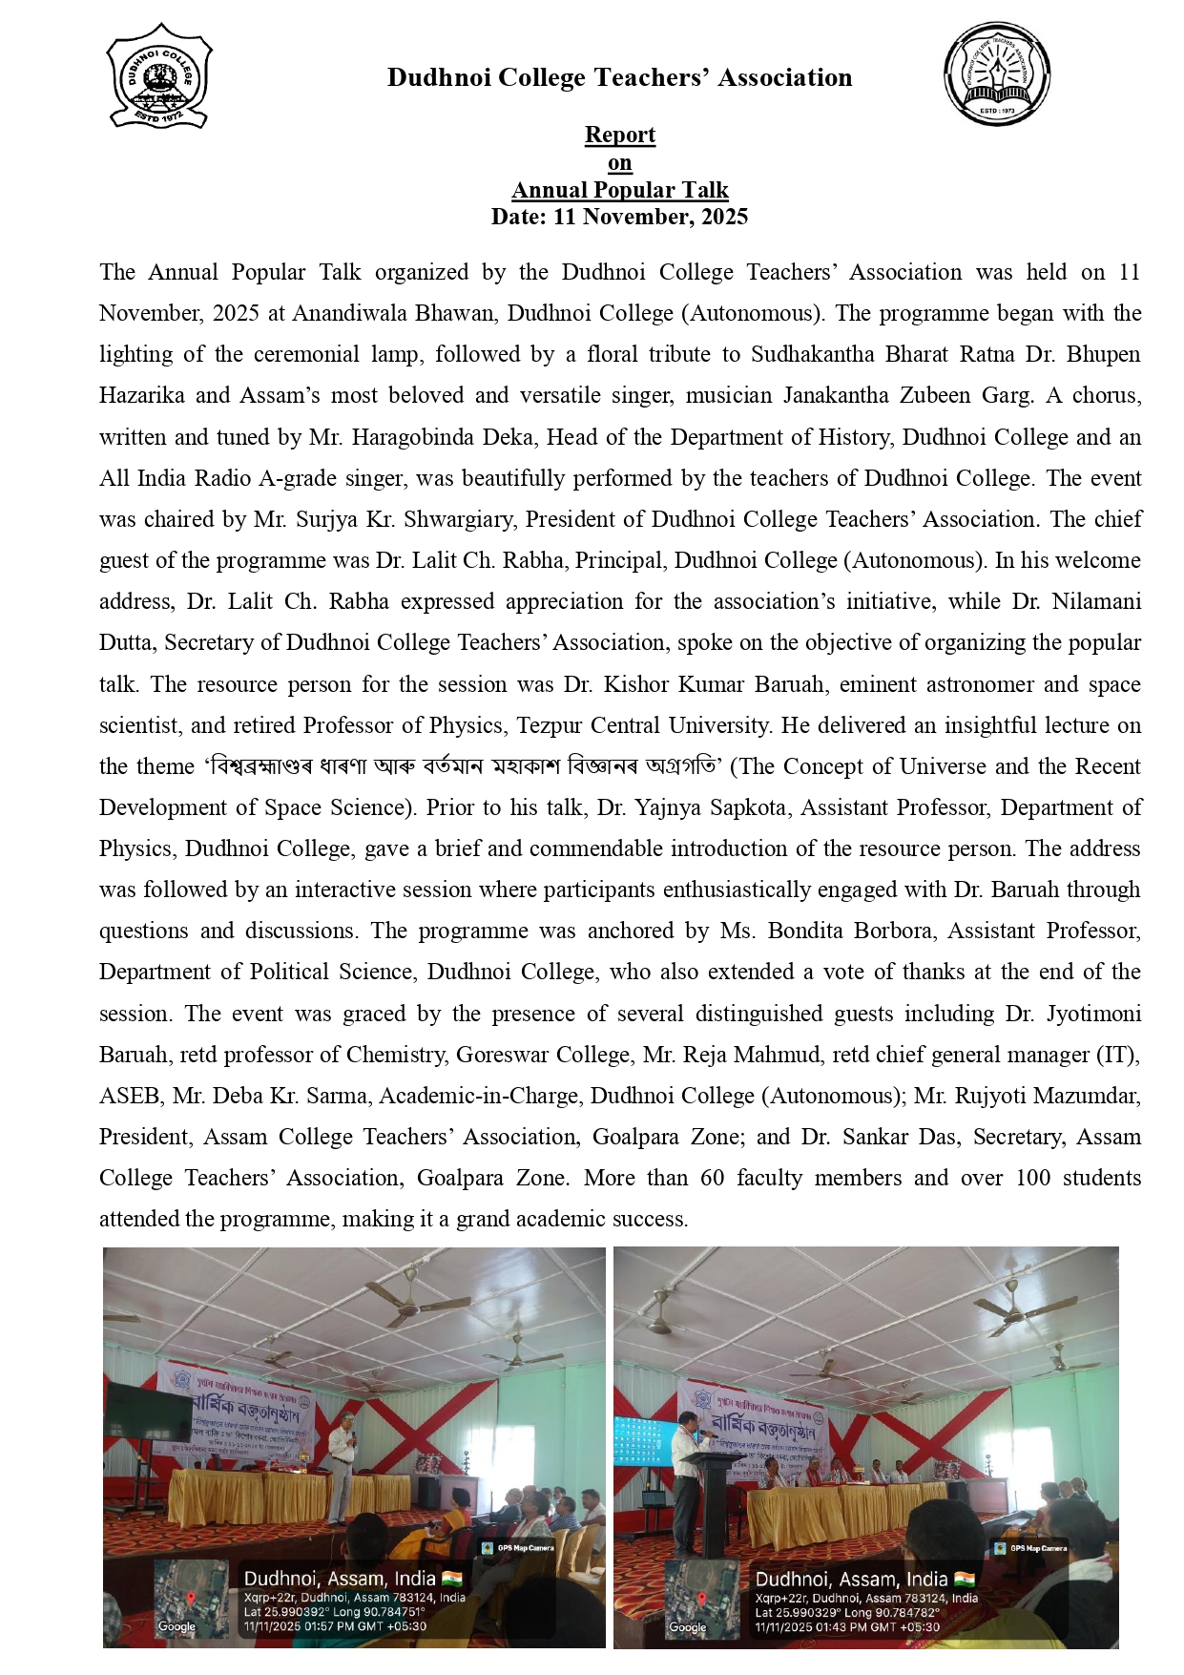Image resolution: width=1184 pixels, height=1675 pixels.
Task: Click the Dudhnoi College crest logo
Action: [x=158, y=76]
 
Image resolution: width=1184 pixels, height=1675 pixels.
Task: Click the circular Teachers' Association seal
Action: [x=996, y=74]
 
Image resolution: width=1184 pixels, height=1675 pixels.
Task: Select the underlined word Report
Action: [x=620, y=135]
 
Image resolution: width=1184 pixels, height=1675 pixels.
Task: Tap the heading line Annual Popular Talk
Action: [x=620, y=190]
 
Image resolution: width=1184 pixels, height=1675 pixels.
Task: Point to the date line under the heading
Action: [x=619, y=217]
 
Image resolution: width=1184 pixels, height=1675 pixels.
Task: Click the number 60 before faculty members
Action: [x=713, y=1178]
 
